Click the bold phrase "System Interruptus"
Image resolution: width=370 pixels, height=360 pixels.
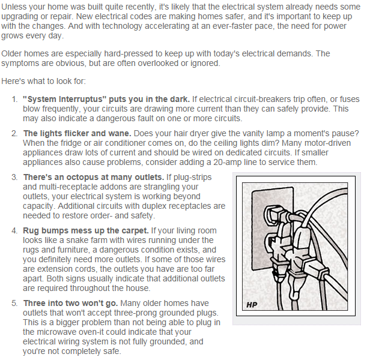tap(62, 99)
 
